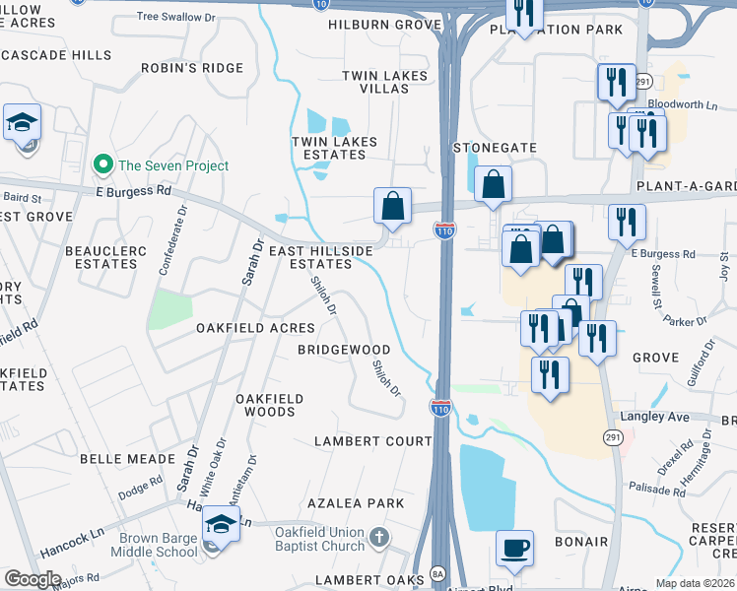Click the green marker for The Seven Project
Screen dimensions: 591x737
point(101,165)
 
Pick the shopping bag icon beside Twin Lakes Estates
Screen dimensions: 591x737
point(392,206)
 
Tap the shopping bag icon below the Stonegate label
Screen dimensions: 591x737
point(493,184)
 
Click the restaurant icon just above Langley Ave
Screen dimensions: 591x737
point(550,374)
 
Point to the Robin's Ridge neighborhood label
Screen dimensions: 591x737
point(191,68)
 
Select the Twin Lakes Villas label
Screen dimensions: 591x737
point(385,82)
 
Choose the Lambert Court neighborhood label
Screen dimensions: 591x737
point(373,440)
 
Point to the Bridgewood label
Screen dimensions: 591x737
point(345,350)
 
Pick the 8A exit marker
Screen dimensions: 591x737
point(439,572)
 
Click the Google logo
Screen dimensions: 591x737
point(33,578)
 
